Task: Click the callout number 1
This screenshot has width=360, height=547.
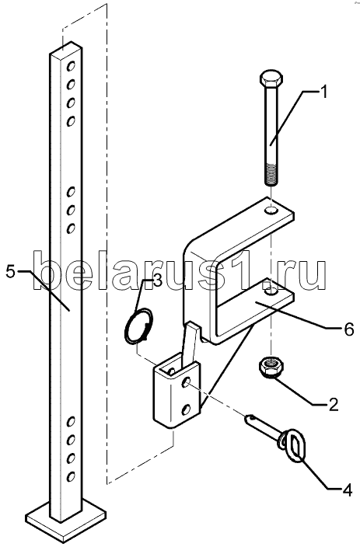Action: (x=324, y=92)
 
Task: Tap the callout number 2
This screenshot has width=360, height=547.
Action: (x=333, y=405)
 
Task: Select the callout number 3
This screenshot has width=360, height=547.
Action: (x=157, y=280)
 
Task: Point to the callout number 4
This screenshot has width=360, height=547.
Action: (x=347, y=491)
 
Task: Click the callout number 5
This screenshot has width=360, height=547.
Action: (x=10, y=271)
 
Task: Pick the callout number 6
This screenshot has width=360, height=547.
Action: (x=349, y=329)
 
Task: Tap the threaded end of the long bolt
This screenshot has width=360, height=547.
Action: (x=271, y=173)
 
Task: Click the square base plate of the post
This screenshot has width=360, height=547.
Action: (x=66, y=519)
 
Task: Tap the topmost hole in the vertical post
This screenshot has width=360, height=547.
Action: (x=72, y=65)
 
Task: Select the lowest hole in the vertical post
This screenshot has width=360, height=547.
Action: (x=71, y=476)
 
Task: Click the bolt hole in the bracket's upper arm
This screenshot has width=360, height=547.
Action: (x=271, y=211)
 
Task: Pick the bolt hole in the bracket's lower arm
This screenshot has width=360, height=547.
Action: (x=271, y=291)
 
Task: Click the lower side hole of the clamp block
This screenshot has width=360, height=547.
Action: (x=187, y=409)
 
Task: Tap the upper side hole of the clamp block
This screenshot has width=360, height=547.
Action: (x=186, y=382)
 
